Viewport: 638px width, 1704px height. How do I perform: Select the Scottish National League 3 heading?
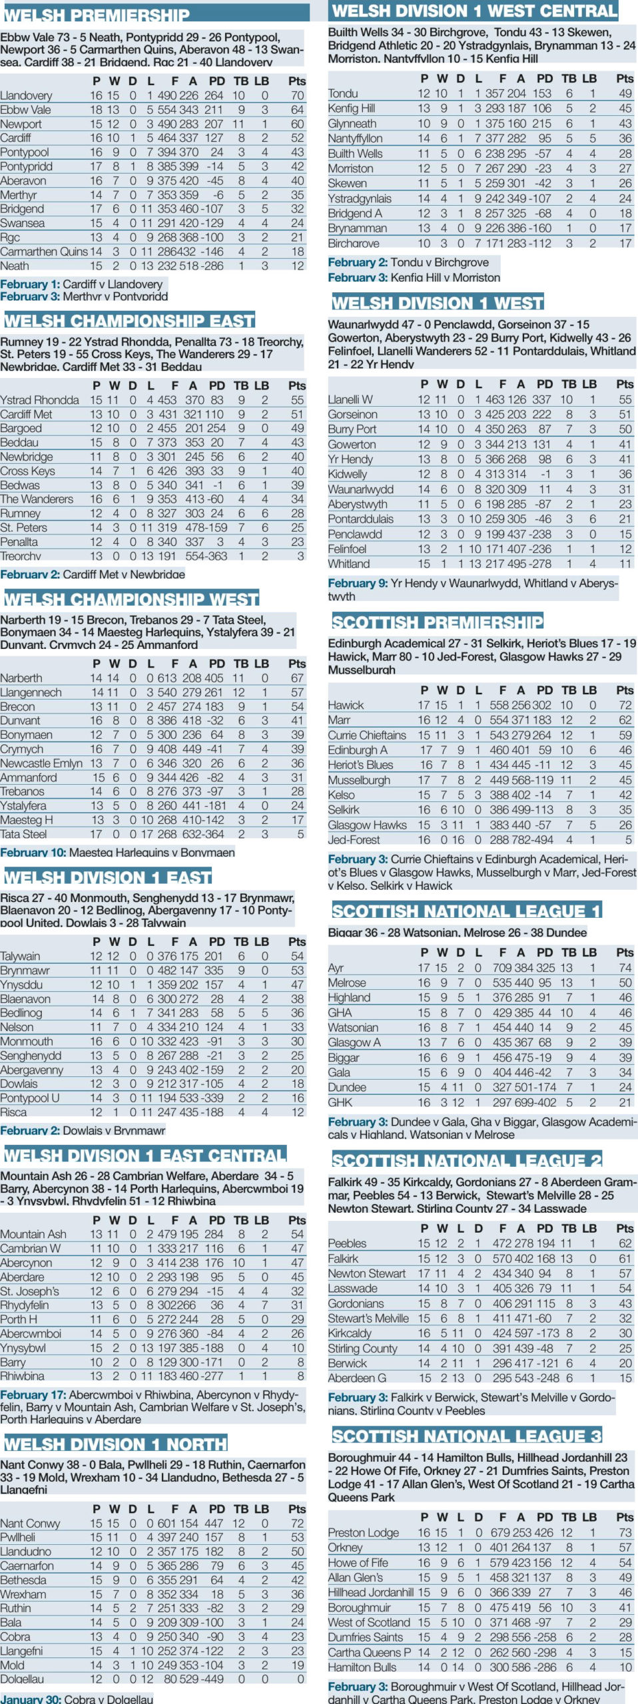pos(466,1436)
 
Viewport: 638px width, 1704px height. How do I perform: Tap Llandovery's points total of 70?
pos(297,95)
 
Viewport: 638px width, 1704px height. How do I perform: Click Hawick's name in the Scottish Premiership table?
pos(346,705)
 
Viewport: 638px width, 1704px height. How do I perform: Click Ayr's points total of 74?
pos(625,967)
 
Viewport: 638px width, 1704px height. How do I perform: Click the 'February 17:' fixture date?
pos(33,1394)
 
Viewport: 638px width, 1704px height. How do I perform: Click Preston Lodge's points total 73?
pos(625,1532)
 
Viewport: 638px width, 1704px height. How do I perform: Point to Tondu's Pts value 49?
pos(625,93)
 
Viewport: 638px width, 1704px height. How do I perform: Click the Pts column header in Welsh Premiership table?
pos(297,81)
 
